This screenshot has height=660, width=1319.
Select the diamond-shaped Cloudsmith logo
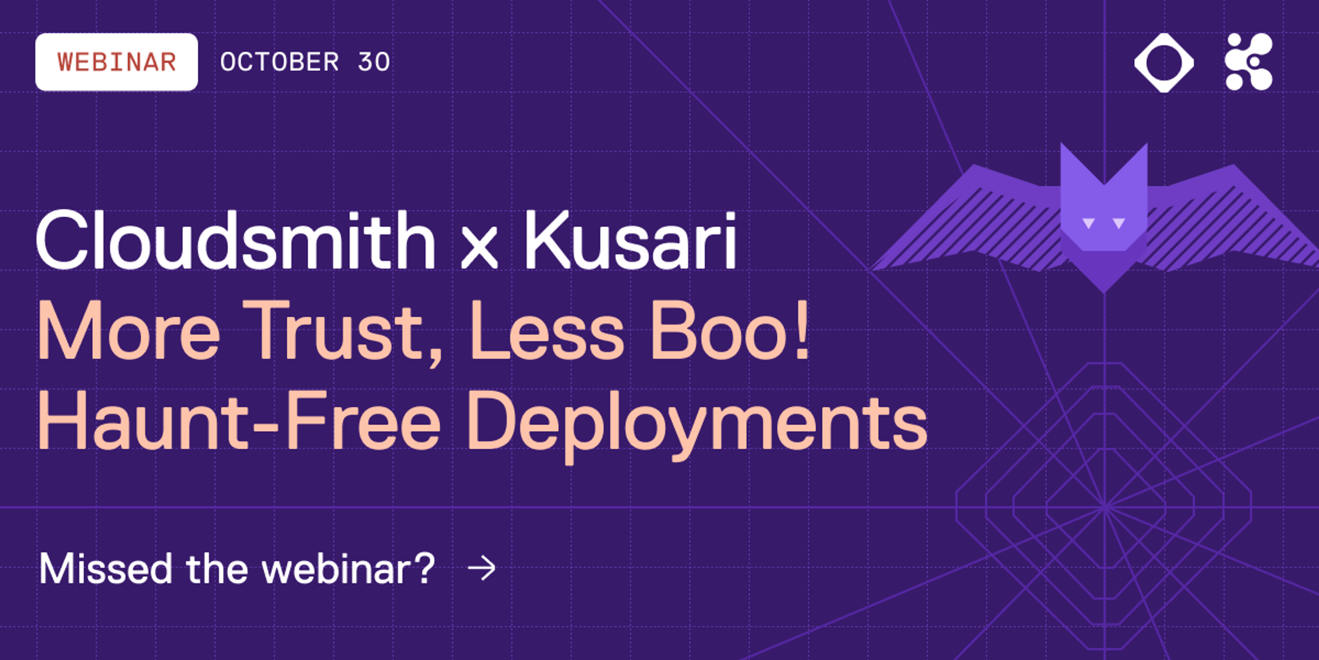1164,63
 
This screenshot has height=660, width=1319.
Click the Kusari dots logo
1249,62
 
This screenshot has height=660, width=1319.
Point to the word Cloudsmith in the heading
235,241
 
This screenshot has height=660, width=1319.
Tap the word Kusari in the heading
630,241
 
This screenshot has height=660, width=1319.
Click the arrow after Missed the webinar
482,568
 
